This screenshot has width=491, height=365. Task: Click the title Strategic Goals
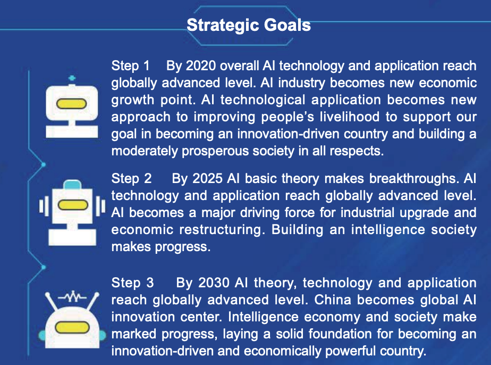click(249, 25)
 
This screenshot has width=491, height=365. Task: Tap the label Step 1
click(130, 66)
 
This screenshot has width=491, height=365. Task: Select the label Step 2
click(132, 179)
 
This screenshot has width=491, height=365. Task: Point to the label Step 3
click(132, 283)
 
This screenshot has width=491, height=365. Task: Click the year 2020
click(201, 66)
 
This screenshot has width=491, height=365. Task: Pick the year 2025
click(207, 179)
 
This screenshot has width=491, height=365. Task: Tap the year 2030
click(214, 283)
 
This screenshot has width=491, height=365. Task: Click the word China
click(333, 300)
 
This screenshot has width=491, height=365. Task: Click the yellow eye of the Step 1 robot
click(71, 103)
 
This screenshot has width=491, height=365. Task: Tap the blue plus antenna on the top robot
click(72, 78)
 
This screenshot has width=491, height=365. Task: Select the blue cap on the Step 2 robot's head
click(72, 185)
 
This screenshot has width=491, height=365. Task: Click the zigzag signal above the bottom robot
click(72, 296)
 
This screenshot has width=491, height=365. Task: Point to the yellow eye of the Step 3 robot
click(72, 328)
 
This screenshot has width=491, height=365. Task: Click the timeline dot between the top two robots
click(44, 164)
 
